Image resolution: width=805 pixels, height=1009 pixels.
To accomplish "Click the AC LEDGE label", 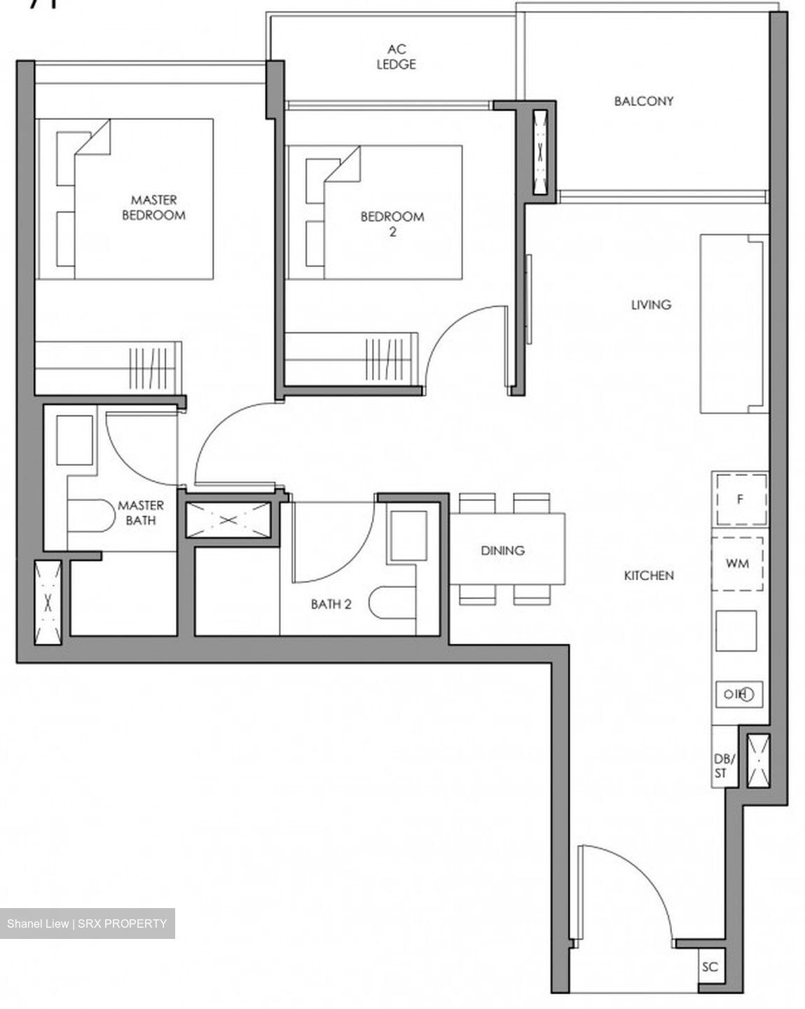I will click(x=396, y=57).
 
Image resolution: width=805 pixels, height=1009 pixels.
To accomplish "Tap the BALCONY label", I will click(x=644, y=101).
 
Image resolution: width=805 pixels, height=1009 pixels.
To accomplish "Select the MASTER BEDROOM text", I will click(x=153, y=208).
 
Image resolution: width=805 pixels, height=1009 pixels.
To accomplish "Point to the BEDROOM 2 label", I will click(x=392, y=224).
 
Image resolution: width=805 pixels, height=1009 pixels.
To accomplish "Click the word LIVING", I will click(x=651, y=305).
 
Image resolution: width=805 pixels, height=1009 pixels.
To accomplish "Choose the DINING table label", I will click(x=503, y=551).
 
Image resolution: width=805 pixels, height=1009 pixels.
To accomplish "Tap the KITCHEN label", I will click(x=649, y=575).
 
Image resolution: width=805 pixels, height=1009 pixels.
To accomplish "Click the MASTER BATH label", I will click(x=141, y=512).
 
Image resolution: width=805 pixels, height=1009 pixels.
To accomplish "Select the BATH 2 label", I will click(x=331, y=603).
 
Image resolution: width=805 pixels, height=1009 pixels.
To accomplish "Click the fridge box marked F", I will click(x=740, y=500).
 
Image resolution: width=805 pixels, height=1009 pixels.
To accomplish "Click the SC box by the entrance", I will click(x=710, y=967).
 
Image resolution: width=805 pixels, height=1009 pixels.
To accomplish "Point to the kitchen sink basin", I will click(x=736, y=631).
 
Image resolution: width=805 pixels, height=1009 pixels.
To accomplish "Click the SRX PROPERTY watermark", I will click(x=88, y=924).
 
